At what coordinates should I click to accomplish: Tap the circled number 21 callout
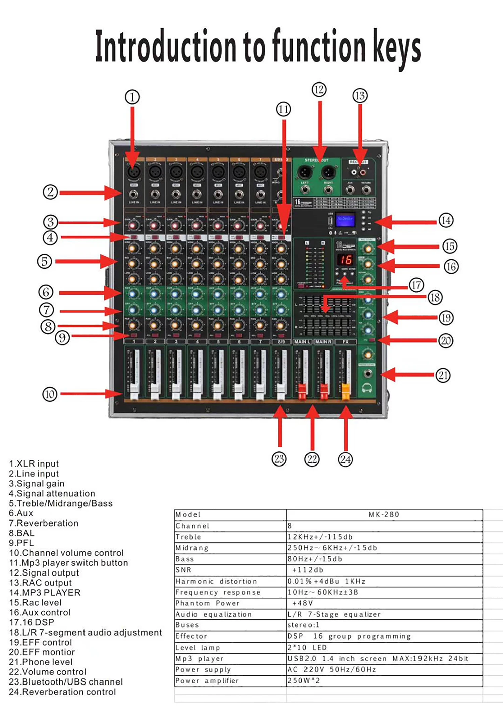click(x=443, y=375)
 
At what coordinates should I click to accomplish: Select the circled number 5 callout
click(x=44, y=261)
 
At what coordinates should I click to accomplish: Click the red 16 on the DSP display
click(x=345, y=259)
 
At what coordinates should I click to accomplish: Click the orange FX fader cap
click(x=345, y=391)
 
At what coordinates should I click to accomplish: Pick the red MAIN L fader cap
click(x=302, y=391)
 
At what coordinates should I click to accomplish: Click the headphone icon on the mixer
click(x=367, y=388)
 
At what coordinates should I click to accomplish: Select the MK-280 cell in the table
click(x=384, y=514)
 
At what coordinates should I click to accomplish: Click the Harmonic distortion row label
click(x=216, y=581)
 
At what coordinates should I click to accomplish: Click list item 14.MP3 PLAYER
click(x=45, y=593)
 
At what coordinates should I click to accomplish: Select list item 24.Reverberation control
click(x=62, y=692)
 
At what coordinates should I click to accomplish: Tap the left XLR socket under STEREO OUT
click(x=305, y=173)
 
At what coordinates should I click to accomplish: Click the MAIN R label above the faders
click(x=323, y=342)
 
